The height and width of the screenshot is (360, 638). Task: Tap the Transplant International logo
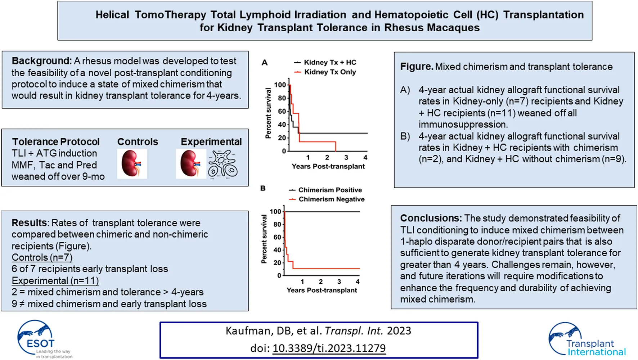click(x=587, y=340)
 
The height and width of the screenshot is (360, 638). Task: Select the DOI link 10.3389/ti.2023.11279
click(x=329, y=348)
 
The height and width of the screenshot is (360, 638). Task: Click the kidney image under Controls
click(x=132, y=164)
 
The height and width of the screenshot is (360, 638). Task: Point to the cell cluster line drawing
click(x=223, y=164)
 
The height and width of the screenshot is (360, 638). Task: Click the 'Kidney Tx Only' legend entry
click(x=330, y=72)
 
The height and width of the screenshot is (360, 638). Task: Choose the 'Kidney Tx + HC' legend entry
click(x=330, y=62)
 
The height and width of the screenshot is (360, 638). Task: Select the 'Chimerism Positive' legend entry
click(x=330, y=190)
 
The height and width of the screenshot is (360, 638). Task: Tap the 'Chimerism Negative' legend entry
click(x=331, y=199)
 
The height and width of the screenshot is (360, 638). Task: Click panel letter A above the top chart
click(x=265, y=63)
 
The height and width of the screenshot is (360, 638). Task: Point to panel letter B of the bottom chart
click(x=263, y=188)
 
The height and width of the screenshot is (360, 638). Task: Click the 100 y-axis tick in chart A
click(x=280, y=85)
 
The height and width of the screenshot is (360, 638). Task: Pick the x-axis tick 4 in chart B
click(x=358, y=282)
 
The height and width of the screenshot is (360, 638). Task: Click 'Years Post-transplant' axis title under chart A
click(x=328, y=166)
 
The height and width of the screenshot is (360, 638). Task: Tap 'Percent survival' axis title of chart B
click(x=264, y=239)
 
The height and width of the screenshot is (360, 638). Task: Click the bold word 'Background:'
click(x=42, y=61)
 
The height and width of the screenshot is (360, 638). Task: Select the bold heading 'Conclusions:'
click(x=431, y=218)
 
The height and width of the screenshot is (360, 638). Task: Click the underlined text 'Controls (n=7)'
click(x=42, y=257)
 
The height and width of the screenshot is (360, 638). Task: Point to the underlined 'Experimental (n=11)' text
click(x=55, y=280)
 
